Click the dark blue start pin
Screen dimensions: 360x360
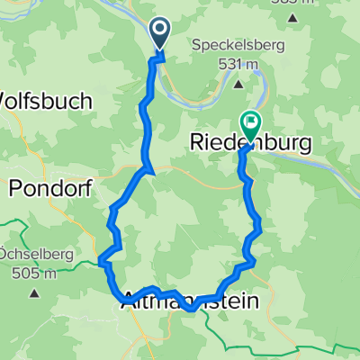[160, 34]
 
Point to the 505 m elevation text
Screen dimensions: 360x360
[39, 273]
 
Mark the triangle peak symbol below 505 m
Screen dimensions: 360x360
[34, 292]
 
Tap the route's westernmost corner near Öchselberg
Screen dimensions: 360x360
[100, 263]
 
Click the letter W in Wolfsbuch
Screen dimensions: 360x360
[7, 102]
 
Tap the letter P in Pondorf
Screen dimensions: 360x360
[16, 187]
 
